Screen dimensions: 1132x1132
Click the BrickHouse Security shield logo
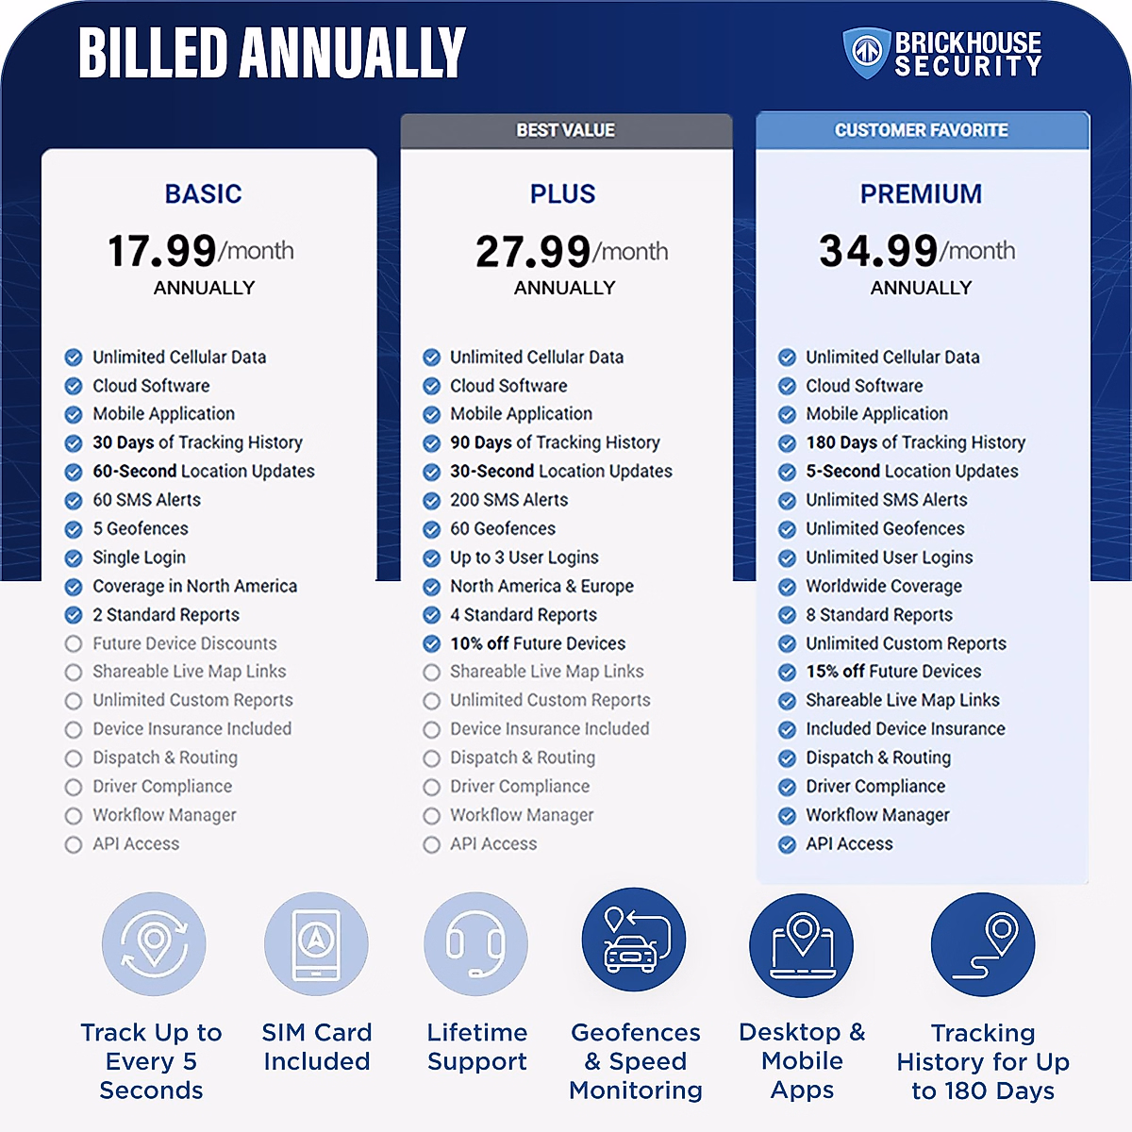click(865, 53)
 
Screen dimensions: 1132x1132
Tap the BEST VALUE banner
click(566, 130)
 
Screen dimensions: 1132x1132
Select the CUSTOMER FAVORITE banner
click(922, 130)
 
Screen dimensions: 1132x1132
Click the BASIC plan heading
click(204, 194)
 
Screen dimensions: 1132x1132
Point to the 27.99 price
click(533, 251)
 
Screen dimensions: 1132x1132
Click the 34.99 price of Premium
click(878, 251)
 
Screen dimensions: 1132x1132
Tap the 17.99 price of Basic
click(162, 251)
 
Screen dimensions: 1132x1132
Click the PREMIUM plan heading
click(921, 194)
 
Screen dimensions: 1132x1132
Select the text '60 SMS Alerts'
click(147, 500)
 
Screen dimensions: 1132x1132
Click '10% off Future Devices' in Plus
click(538, 643)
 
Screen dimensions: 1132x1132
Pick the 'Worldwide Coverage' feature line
click(884, 586)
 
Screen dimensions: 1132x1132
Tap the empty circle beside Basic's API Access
click(74, 844)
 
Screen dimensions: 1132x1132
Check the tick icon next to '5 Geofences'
click(74, 529)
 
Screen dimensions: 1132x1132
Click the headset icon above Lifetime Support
click(476, 944)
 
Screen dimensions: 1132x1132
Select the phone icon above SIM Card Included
click(316, 944)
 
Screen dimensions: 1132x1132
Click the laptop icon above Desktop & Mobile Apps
click(801, 944)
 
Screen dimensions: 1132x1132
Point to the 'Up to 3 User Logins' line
click(524, 558)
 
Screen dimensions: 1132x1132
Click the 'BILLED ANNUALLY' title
click(272, 53)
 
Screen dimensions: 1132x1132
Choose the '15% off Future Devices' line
click(893, 672)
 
